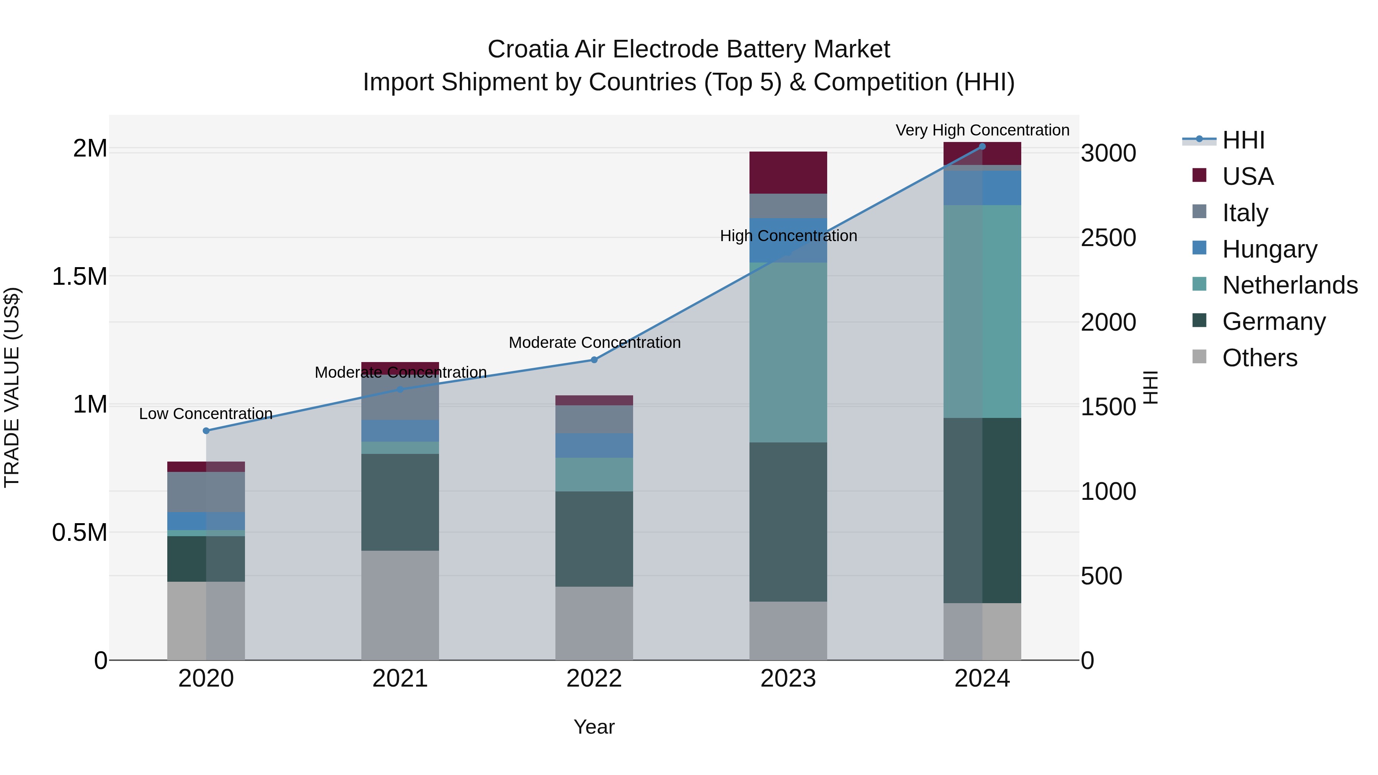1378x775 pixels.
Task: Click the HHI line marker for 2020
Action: [206, 431]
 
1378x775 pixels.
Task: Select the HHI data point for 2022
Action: [594, 360]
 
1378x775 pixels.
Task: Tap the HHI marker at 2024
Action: [982, 147]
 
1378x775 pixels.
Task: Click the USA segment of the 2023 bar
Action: [788, 172]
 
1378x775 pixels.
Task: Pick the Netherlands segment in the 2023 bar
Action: [788, 352]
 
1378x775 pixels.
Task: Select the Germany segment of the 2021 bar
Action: [400, 502]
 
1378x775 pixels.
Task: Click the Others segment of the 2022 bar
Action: [594, 623]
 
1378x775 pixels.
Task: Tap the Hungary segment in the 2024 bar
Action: [982, 188]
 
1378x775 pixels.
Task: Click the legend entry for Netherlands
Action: [1290, 285]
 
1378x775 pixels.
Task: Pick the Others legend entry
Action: [1259, 358]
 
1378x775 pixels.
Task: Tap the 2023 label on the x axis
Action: [788, 679]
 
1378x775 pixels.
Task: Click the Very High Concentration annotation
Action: [982, 130]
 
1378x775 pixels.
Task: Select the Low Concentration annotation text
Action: [206, 413]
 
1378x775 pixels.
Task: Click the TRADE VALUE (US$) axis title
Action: [12, 387]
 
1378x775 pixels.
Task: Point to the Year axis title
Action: [594, 727]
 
